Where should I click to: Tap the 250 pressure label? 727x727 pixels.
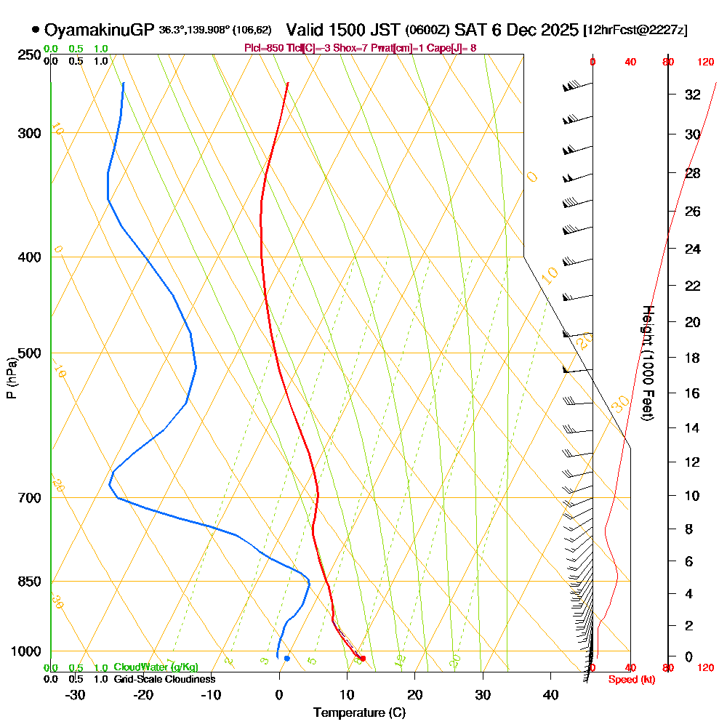(x=28, y=55)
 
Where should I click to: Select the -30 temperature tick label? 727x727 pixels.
(x=76, y=694)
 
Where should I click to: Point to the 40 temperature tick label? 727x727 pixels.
(x=550, y=694)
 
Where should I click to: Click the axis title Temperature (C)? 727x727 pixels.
(x=359, y=712)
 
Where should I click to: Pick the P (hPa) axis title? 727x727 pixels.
(x=11, y=377)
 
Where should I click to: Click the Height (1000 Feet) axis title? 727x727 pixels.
(x=647, y=363)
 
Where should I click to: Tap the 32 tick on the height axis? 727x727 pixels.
(x=692, y=95)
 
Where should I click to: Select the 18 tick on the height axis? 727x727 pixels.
(x=692, y=358)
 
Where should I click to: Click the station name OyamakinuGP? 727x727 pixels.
(x=99, y=30)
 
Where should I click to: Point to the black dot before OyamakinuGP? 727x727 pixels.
(x=36, y=30)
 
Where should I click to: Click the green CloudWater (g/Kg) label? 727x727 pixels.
(x=156, y=667)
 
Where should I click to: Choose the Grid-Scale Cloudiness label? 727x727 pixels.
(x=164, y=679)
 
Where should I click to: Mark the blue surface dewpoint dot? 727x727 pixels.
(x=287, y=658)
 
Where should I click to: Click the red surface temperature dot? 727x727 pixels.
(x=362, y=659)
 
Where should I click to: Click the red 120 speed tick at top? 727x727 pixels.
(x=704, y=63)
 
